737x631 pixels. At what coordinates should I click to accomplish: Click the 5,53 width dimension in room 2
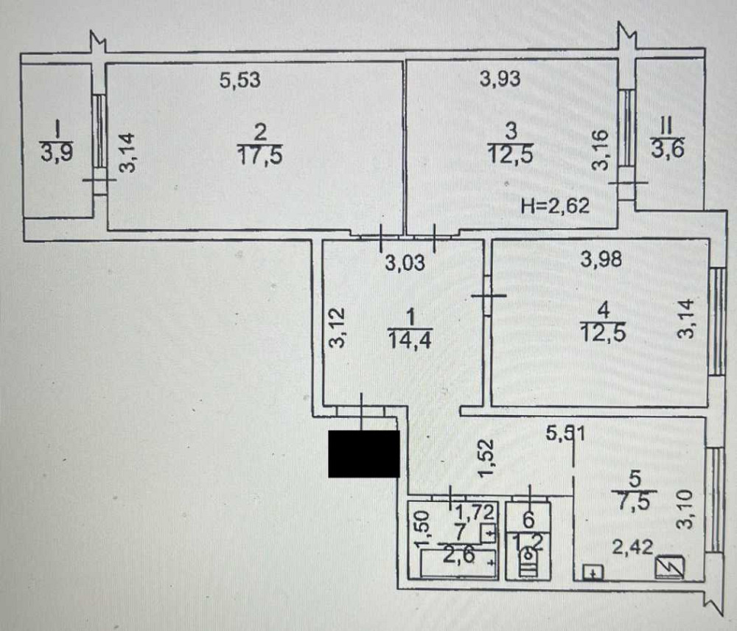240,80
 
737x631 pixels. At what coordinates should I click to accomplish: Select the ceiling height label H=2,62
555,206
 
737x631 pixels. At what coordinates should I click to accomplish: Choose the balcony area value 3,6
668,150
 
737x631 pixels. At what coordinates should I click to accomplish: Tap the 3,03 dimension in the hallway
405,262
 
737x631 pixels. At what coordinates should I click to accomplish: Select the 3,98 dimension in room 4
601,259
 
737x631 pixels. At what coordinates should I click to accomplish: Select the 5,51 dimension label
565,434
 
